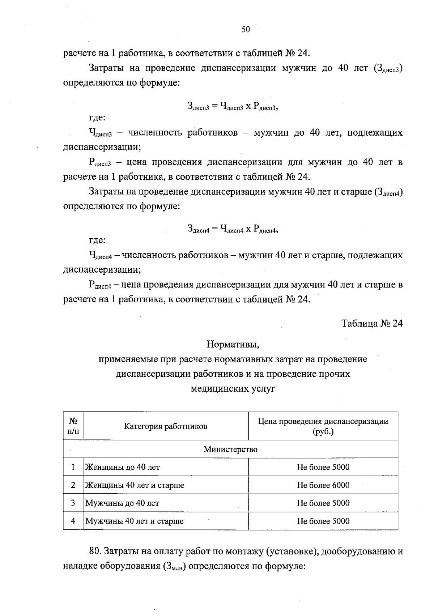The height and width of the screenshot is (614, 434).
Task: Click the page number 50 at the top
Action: [x=246, y=30]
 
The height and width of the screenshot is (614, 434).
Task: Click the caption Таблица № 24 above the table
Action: [x=372, y=323]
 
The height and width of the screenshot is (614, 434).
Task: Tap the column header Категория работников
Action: [x=166, y=426]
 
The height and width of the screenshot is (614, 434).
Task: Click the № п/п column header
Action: [x=73, y=426]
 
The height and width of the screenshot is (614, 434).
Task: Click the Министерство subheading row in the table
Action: [x=230, y=449]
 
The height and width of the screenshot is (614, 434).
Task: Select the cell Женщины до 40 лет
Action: [x=122, y=467]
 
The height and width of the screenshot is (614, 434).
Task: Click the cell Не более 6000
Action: [x=323, y=485]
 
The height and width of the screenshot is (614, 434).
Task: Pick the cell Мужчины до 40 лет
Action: [x=122, y=503]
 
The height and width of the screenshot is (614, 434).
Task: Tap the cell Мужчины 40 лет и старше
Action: [x=134, y=521]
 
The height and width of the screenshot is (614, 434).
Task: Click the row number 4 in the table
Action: [x=73, y=521]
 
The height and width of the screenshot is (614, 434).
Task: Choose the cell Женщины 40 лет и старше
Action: [x=135, y=485]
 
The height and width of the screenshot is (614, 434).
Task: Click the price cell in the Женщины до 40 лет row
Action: [x=323, y=467]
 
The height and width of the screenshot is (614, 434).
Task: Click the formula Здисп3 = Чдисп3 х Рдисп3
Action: [x=233, y=106]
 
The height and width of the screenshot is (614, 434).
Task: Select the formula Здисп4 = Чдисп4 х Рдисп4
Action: [x=233, y=229]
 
